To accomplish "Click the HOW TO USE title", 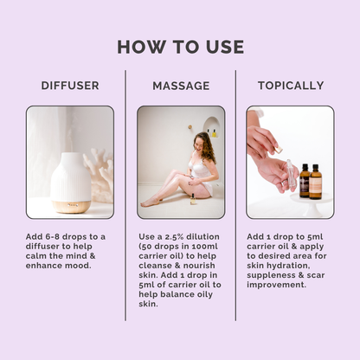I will [x=180, y=46].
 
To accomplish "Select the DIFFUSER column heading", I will [x=69, y=86].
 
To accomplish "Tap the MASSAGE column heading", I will [x=180, y=86].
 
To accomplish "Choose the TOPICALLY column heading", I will [x=290, y=86].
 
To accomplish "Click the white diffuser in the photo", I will [x=70, y=173].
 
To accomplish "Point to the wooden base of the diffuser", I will [x=70, y=206].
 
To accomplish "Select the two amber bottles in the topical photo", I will [x=310, y=182].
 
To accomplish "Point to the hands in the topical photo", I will [x=268, y=151].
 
